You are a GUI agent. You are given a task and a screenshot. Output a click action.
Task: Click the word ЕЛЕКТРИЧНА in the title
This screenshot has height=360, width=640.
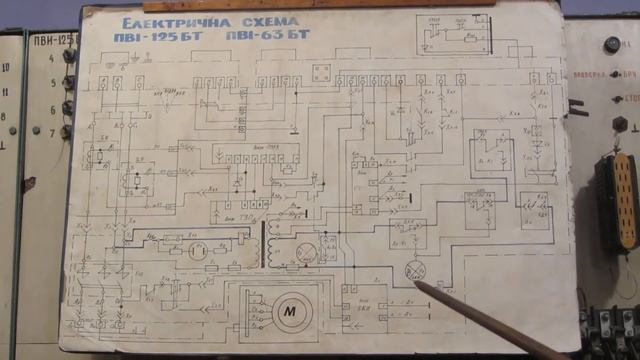[x=169, y=22]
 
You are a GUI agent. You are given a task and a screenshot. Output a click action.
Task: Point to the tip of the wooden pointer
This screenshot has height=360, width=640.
[x=417, y=286]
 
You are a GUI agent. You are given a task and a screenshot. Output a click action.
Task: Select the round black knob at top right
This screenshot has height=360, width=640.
[x=612, y=44]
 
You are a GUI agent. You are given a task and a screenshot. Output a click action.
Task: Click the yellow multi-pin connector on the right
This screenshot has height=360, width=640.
[x=624, y=201]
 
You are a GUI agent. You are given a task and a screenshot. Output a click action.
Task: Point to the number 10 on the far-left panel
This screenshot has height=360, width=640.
[x=7, y=67]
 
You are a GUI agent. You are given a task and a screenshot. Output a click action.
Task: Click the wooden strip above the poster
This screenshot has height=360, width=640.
[x=350, y=4]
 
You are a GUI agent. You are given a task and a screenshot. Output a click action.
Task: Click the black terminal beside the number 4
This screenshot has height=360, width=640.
[x=69, y=56]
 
